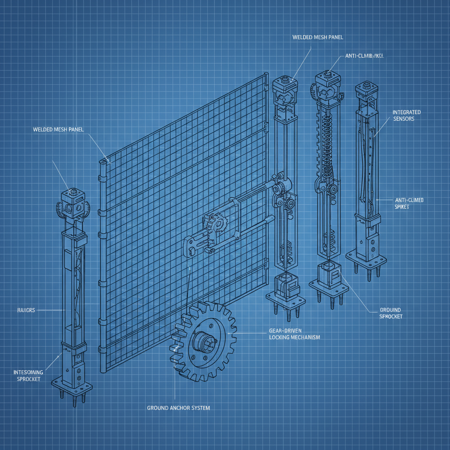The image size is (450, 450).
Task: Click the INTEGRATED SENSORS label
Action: (406, 116)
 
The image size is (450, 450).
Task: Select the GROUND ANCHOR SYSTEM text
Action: (178, 408)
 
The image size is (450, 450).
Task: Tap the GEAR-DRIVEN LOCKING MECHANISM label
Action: (294, 334)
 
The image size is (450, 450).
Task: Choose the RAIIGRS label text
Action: (22, 310)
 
